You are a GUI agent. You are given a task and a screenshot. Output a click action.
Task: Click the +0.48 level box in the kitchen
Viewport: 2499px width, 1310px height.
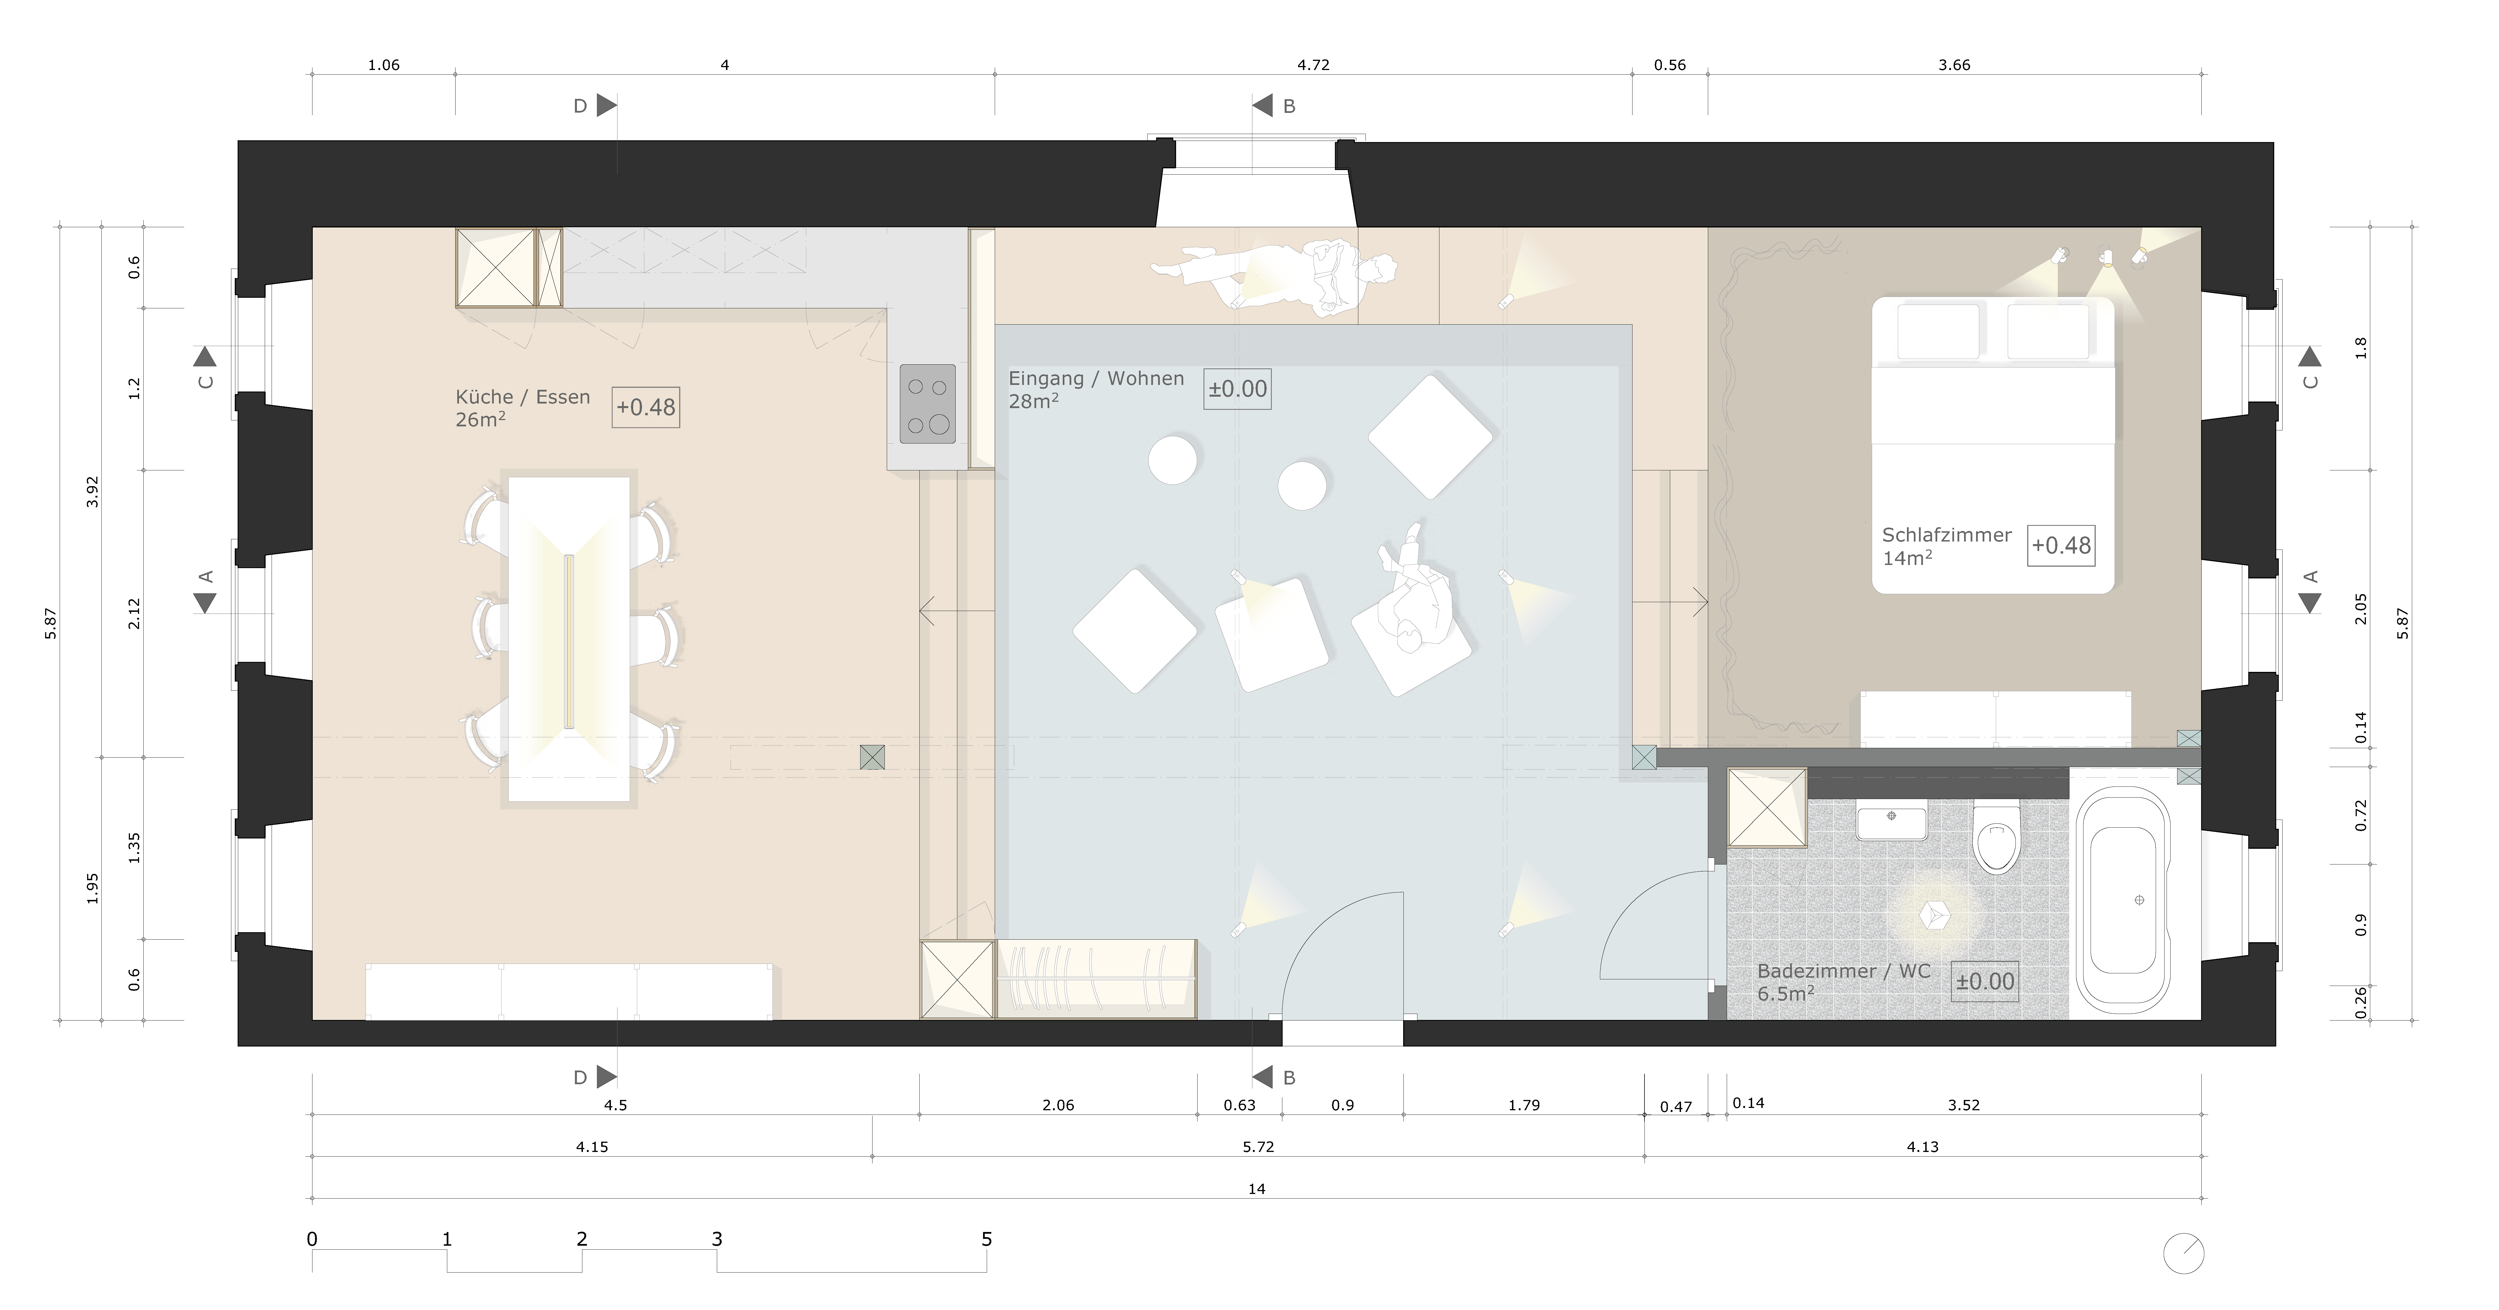pyautogui.click(x=646, y=407)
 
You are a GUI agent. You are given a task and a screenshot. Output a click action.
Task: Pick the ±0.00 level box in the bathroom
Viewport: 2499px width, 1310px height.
pyautogui.click(x=1985, y=981)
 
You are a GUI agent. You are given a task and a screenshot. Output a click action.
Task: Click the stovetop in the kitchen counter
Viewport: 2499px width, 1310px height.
pyautogui.click(x=927, y=404)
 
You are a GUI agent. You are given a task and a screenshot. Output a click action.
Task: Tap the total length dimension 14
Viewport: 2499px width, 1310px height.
pyautogui.click(x=1256, y=1189)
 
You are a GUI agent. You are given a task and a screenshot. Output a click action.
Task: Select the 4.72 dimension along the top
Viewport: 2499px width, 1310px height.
pyautogui.click(x=1313, y=65)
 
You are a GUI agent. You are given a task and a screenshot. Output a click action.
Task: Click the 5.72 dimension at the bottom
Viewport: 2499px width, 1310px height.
pyautogui.click(x=1258, y=1147)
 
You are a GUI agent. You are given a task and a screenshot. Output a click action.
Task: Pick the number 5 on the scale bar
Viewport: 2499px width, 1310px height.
pyautogui.click(x=986, y=1239)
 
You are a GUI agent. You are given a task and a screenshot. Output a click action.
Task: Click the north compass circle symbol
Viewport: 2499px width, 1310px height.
pyautogui.click(x=2184, y=1254)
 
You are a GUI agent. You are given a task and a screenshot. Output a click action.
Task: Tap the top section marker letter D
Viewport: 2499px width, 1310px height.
pyautogui.click(x=580, y=106)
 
